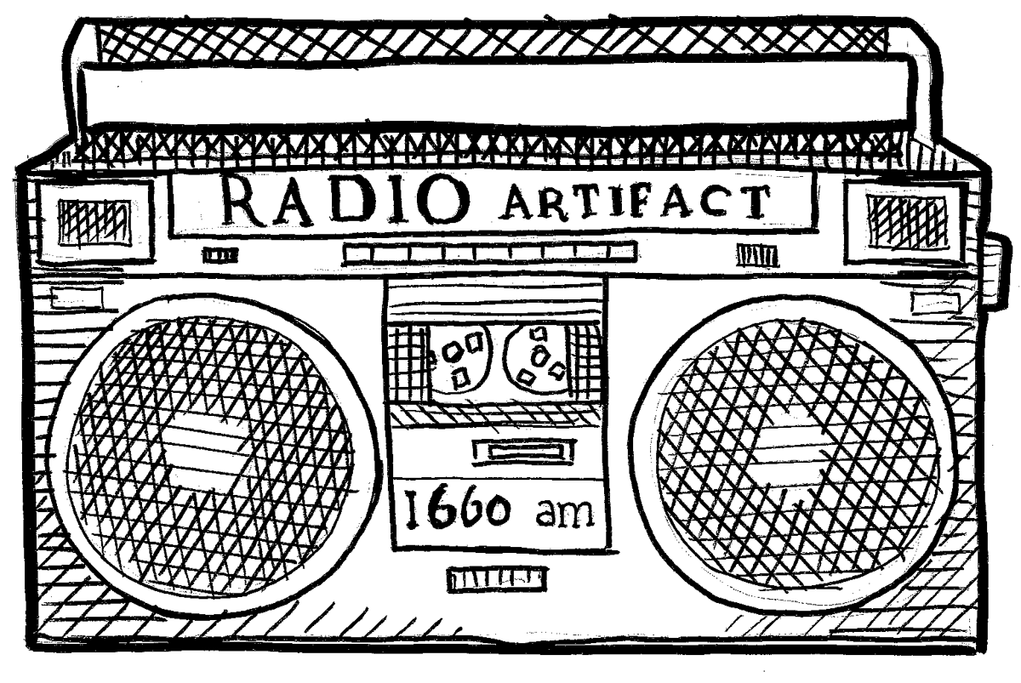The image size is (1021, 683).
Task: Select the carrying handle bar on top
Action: pyautogui.click(x=502, y=90)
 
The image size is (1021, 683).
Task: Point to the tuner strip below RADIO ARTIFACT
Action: pyautogui.click(x=488, y=252)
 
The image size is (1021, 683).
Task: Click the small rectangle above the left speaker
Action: pyautogui.click(x=77, y=298)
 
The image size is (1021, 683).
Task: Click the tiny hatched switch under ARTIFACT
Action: pyautogui.click(x=756, y=253)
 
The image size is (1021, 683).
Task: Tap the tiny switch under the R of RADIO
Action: pyautogui.click(x=220, y=253)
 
